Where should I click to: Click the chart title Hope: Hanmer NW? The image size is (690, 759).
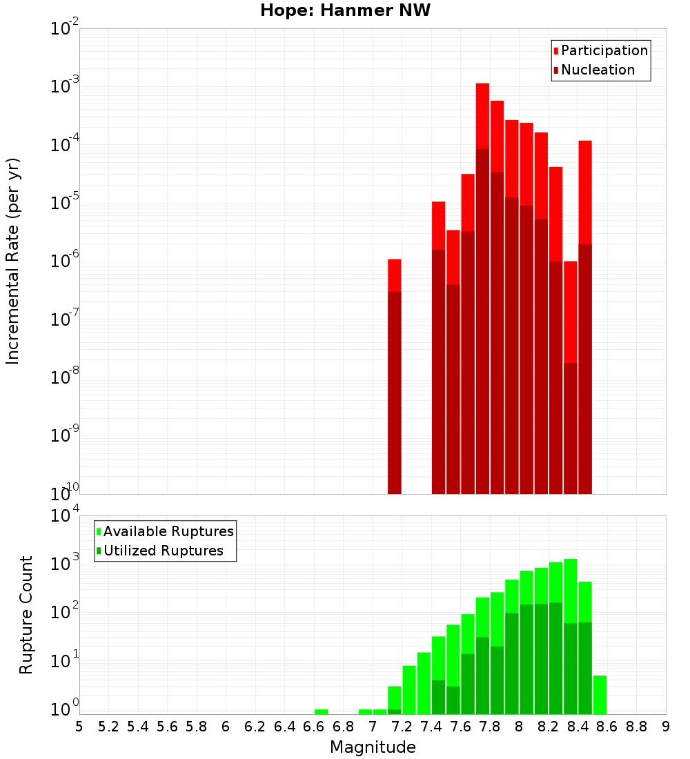(345, 11)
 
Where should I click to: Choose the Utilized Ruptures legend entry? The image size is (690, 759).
(163, 551)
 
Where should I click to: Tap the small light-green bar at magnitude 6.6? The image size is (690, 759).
(321, 711)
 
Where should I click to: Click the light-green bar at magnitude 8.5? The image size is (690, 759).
(600, 695)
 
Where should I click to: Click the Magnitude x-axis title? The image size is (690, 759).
(373, 747)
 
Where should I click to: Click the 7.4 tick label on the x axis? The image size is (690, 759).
(431, 727)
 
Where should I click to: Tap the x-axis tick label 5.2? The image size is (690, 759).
(108, 727)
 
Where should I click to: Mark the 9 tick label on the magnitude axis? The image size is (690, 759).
(666, 727)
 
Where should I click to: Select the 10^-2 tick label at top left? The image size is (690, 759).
(63, 30)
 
